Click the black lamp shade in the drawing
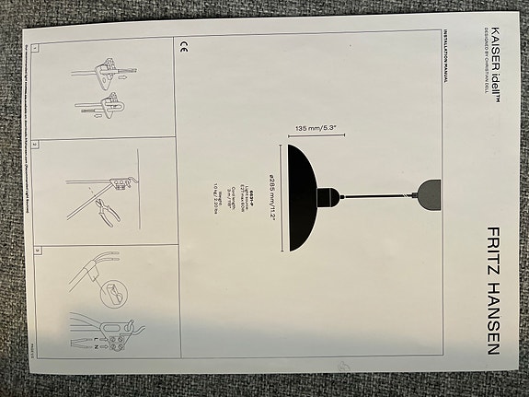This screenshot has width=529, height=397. (296, 198)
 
